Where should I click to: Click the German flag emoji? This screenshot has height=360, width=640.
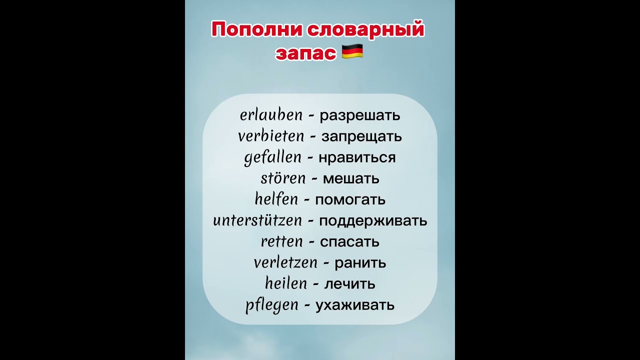coord(352,51)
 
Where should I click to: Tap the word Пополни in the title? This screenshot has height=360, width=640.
coord(256,29)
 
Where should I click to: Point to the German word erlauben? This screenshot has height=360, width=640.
coord(271,115)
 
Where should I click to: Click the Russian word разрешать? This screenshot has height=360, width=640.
coord(360,116)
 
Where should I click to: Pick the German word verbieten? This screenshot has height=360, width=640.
coord(271,136)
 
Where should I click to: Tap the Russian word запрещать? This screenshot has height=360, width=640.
coord(361,136)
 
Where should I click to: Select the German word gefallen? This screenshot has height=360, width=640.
coord(273,158)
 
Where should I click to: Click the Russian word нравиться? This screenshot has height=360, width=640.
coord(357,158)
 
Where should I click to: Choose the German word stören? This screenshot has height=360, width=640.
coord(283,178)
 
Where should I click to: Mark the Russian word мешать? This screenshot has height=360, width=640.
coord(351,178)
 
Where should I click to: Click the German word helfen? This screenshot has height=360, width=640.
coord(276,199)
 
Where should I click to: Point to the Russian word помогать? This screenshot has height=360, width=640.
coord(350,200)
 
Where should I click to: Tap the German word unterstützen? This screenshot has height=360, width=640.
coord(257,220)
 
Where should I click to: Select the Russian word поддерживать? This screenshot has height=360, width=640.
coord(373,220)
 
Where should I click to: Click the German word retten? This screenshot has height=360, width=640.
coord(282,241)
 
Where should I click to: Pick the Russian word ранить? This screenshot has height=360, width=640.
coord(360,263)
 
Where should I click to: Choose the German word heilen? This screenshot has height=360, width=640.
coord(285,284)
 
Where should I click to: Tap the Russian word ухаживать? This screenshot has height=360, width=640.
coord(355,305)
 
